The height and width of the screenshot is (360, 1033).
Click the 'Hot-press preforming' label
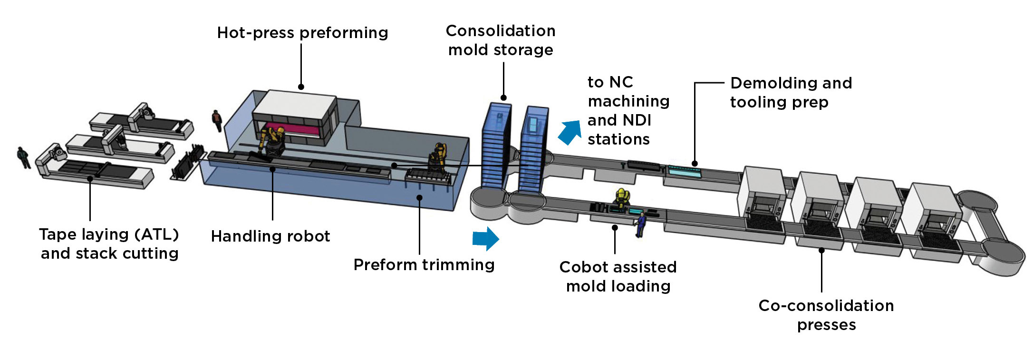point(302,33)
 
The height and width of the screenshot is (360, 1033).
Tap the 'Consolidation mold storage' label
point(501,40)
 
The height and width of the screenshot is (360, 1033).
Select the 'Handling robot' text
point(270,236)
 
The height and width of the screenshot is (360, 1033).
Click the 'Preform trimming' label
point(424,265)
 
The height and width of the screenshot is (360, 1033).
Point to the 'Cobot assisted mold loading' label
point(618,276)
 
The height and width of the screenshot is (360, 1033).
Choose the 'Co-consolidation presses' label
point(826,315)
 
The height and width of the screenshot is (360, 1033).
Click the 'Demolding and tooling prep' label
point(791,92)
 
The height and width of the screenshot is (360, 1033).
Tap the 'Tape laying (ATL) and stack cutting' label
point(109,243)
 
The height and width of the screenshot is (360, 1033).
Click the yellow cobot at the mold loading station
point(621,197)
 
